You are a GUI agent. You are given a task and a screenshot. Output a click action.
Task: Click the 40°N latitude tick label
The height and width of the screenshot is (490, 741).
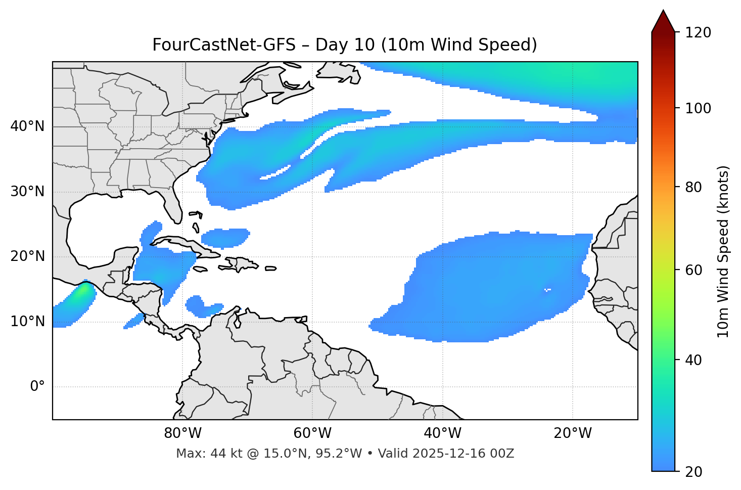(x=27, y=126)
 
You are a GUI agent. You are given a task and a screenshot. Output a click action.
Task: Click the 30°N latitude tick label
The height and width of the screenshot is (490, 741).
(x=27, y=192)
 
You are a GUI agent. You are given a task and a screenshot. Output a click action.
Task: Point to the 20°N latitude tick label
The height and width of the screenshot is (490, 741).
(x=27, y=256)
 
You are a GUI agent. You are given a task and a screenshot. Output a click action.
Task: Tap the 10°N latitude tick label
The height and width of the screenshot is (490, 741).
(x=27, y=322)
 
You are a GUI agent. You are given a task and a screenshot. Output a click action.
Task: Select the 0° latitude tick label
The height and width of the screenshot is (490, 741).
(x=37, y=387)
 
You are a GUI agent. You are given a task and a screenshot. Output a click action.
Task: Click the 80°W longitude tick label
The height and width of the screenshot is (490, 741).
(x=182, y=433)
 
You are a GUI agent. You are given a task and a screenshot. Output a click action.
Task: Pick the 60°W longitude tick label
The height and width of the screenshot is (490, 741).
(x=312, y=433)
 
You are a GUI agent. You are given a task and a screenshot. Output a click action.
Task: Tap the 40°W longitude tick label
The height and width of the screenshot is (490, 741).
(x=443, y=433)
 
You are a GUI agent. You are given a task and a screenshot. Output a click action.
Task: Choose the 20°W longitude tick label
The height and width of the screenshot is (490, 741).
(x=573, y=433)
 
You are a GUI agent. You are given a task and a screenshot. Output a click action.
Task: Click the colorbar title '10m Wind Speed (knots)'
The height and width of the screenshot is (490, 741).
(x=723, y=252)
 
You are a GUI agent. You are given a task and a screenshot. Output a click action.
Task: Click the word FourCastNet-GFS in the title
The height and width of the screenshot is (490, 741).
(x=224, y=45)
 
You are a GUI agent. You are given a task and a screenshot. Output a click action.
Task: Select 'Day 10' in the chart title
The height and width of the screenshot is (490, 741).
(x=346, y=45)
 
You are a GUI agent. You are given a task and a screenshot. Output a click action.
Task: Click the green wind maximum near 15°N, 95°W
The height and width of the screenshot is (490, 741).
(x=81, y=292)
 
